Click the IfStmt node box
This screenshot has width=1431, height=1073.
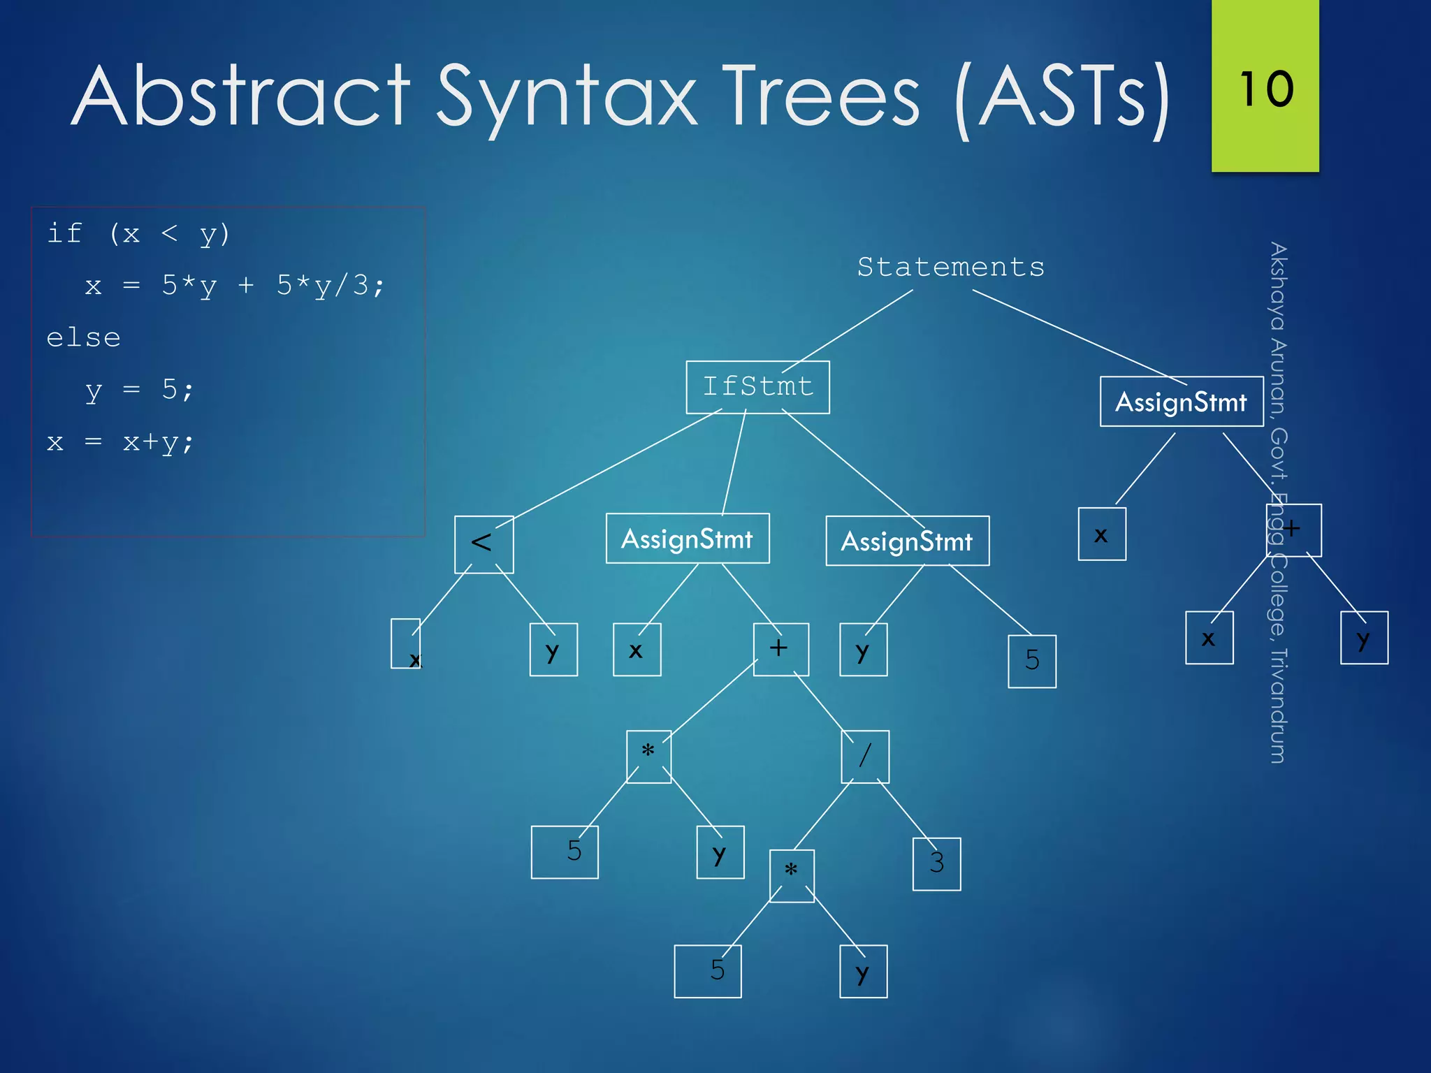coord(757,387)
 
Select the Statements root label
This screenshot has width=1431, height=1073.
coord(950,267)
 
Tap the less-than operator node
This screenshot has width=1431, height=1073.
coord(484,543)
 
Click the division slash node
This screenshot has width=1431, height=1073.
coord(865,756)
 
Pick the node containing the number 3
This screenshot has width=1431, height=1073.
coord(936,863)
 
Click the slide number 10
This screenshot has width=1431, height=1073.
coord(1265,89)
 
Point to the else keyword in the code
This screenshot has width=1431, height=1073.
coord(83,338)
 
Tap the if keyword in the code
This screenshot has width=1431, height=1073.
coord(64,233)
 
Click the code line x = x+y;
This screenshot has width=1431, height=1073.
coord(119,442)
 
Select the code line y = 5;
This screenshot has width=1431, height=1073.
coord(139,390)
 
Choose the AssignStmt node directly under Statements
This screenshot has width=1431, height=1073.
coord(1181,402)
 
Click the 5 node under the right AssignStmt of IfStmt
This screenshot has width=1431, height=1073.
coord(1031,661)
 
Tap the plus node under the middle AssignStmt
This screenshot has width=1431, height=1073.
coord(780,649)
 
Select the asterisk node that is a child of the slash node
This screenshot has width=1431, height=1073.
coord(791,875)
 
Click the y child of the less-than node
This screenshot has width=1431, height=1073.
coord(553,650)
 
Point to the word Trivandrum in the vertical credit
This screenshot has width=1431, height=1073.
coord(1278,706)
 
